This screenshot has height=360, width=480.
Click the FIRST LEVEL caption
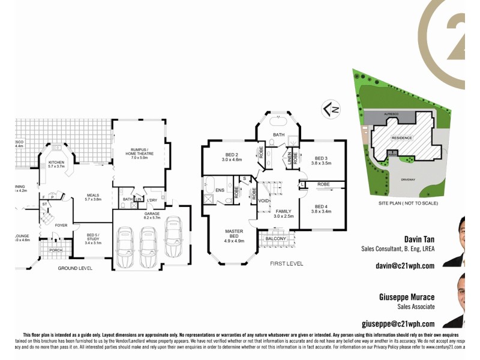[287, 263]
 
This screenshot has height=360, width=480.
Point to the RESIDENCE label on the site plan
[402, 138]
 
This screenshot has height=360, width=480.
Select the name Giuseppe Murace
[406, 296]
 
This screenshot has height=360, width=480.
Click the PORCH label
[56, 250]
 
